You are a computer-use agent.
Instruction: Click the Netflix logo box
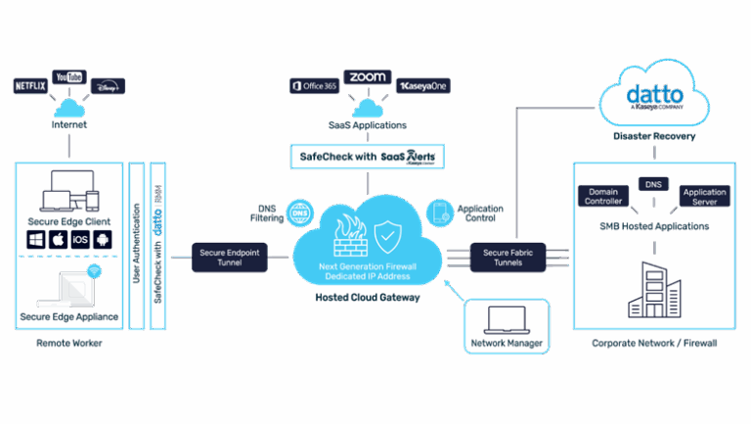tap(30, 86)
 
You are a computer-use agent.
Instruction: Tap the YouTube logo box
tap(68, 76)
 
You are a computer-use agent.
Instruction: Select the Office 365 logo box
tap(313, 86)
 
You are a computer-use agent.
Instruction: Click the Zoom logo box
tap(367, 76)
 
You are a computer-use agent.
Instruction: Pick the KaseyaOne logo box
tap(422, 86)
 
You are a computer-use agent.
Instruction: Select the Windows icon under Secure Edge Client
tap(34, 238)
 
